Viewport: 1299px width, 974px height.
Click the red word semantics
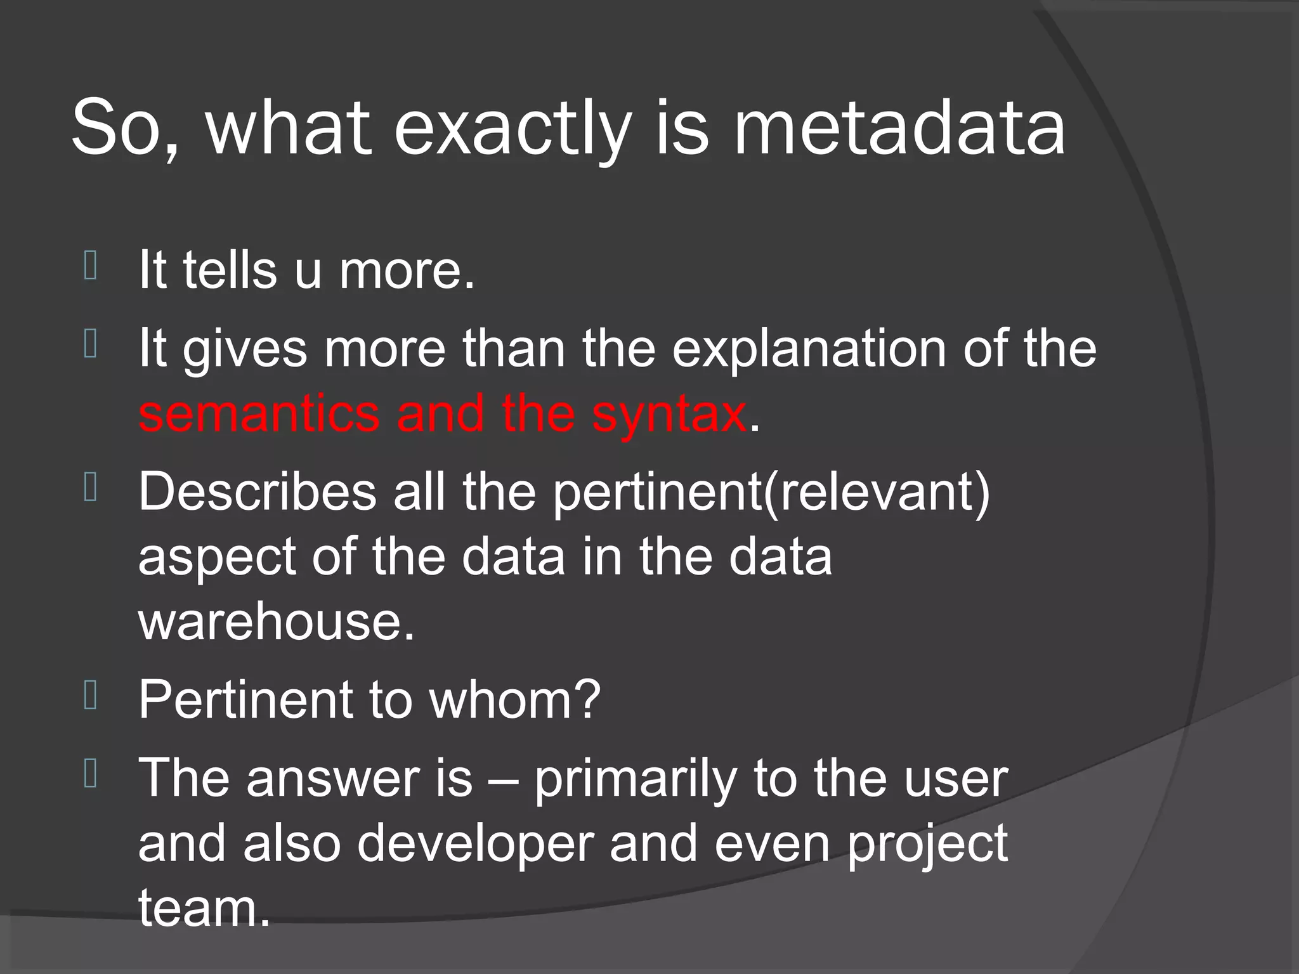259,413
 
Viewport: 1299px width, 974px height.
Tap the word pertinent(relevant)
771,493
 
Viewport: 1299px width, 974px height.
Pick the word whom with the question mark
514,699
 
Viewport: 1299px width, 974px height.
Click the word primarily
634,780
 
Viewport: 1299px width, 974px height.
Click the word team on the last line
204,908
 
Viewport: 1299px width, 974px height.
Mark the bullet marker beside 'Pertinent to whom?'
90,696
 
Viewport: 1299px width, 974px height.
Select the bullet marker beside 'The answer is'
90,775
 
